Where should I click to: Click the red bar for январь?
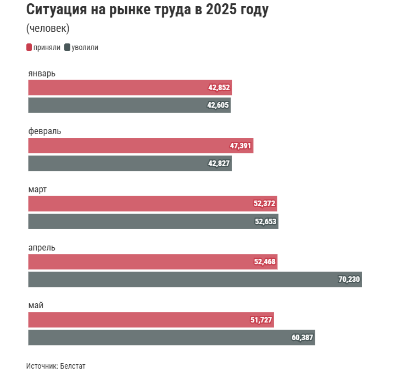pyautogui.click(x=130, y=87)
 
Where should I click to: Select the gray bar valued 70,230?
pyautogui.click(x=195, y=279)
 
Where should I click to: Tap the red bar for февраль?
pyautogui.click(x=141, y=146)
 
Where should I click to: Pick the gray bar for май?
pyautogui.click(x=171, y=337)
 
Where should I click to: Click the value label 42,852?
pyautogui.click(x=219, y=87)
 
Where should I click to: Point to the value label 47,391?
pyautogui.click(x=241, y=146)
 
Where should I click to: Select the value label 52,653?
pyautogui.click(x=265, y=221)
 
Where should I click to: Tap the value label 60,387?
pyautogui.click(x=302, y=337)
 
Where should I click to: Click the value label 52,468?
pyautogui.click(x=265, y=262)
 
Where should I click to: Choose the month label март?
pyautogui.click(x=37, y=190)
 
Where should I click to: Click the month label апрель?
pyautogui.click(x=42, y=248)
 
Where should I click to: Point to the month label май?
pyautogui.click(x=36, y=305)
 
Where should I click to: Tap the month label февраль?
pyautogui.click(x=44, y=131)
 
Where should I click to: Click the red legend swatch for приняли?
pyautogui.click(x=29, y=48)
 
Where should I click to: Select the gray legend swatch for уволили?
pyautogui.click(x=68, y=48)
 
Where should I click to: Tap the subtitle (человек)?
pyautogui.click(x=48, y=29)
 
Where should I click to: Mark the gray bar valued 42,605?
pyautogui.click(x=129, y=105)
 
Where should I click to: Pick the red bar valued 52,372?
pyautogui.click(x=153, y=203)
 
